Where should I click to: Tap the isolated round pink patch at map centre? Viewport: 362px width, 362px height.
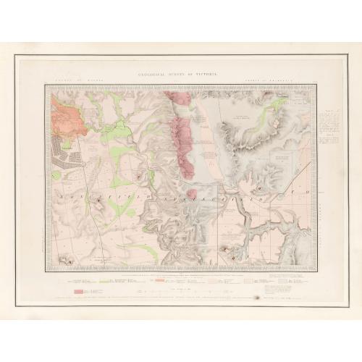(192, 193)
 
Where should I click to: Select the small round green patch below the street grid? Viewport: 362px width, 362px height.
(56, 175)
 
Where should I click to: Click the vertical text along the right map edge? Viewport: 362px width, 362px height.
(319, 210)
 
